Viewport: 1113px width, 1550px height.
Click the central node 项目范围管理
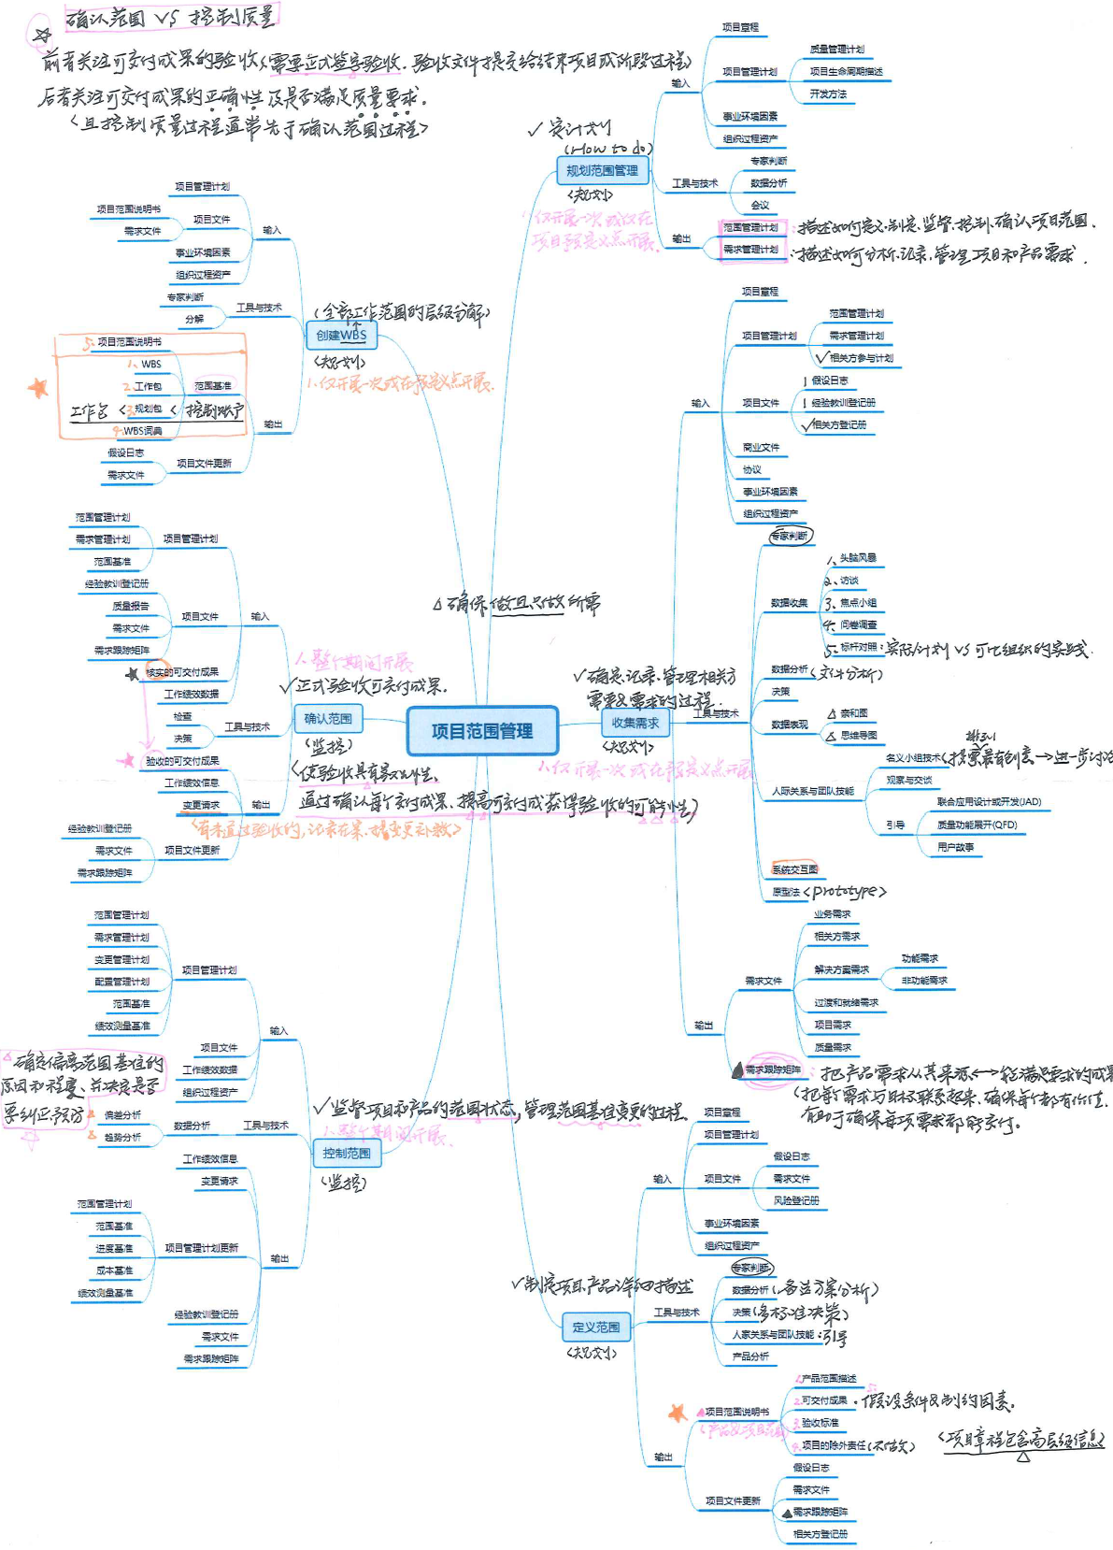[482, 731]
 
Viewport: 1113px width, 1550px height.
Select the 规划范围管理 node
[602, 170]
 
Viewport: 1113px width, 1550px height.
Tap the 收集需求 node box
[635, 723]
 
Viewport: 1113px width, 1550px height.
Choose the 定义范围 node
[596, 1327]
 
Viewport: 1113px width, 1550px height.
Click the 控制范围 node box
[347, 1153]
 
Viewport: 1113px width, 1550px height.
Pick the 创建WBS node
[341, 335]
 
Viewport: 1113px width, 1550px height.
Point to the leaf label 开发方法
[828, 93]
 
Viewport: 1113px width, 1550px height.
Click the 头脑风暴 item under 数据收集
[858, 558]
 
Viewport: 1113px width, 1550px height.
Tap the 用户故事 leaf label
[955, 847]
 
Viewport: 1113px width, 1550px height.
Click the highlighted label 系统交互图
[794, 869]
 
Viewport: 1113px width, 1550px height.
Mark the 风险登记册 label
[796, 1200]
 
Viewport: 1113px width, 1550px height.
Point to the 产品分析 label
[750, 1356]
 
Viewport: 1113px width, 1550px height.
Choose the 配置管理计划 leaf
[121, 982]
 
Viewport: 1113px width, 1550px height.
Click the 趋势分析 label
[122, 1137]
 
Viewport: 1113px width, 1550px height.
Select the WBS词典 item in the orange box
[142, 431]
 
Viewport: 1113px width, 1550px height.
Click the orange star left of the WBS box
[37, 387]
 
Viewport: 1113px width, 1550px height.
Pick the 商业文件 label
[761, 447]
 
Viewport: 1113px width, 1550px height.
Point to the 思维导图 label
[858, 736]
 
